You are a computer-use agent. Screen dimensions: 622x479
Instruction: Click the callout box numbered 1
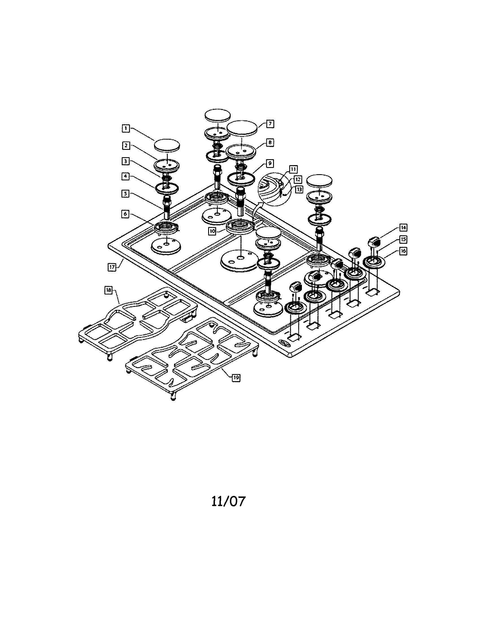[x=126, y=128]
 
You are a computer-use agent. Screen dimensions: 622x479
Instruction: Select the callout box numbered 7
[x=270, y=124]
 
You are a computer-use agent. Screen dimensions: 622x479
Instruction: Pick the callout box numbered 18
[x=108, y=290]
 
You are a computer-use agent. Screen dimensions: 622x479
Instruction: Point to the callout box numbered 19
[x=236, y=377]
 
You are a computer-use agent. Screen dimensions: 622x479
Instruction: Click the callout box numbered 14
[x=403, y=228]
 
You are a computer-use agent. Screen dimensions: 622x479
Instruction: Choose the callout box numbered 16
[x=403, y=251]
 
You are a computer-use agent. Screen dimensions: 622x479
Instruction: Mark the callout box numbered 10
[x=212, y=231]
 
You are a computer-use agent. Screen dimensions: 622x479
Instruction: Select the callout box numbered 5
[x=126, y=194]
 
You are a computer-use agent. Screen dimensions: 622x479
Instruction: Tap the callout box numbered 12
[x=297, y=180]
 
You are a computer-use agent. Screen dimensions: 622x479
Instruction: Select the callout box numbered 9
[x=270, y=163]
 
